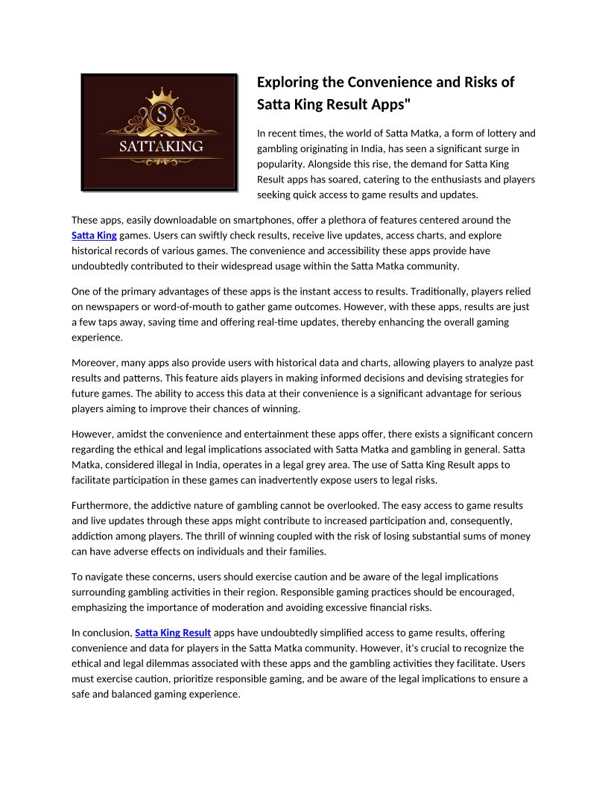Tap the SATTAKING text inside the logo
[x=161, y=146]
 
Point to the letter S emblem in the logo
[x=160, y=115]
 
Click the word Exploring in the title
[x=291, y=82]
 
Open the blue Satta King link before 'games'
[x=94, y=235]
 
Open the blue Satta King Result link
[x=173, y=633]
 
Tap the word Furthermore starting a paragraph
[x=102, y=505]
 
